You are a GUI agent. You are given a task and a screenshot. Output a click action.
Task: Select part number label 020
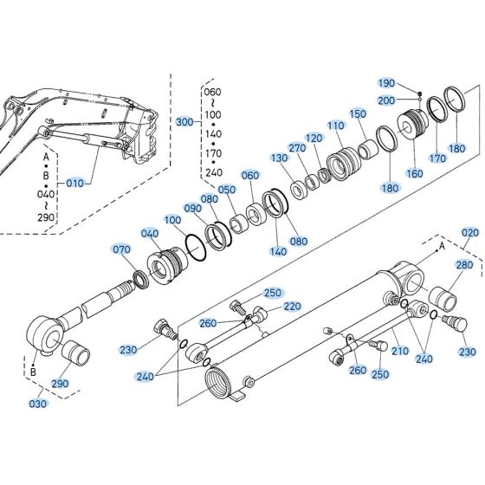pos(470,233)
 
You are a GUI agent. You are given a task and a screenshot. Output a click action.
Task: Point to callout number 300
pos(184,122)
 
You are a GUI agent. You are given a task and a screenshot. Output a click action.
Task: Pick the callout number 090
pos(194,209)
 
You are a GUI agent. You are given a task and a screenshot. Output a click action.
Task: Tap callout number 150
pos(358,113)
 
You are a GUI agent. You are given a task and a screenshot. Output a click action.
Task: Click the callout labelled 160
pos(415,173)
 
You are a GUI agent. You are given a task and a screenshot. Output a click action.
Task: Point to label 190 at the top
pos(386,82)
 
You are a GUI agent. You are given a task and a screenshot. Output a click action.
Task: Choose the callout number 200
pos(386,100)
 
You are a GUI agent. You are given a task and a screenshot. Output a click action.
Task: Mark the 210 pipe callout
pos(399,351)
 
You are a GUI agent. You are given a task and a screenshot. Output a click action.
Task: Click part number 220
pos(291,306)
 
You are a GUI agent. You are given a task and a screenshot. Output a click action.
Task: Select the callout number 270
pos(297,148)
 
